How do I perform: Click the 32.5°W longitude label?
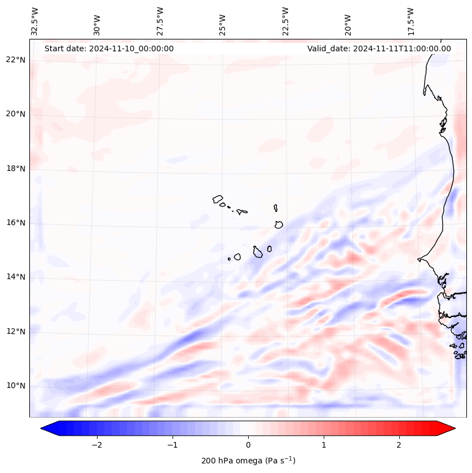[x=35, y=21]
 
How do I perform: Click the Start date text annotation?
[x=109, y=48]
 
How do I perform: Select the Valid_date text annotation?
[x=379, y=48]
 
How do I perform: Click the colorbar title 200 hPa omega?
[x=248, y=461]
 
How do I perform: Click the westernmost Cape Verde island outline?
[x=218, y=198]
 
